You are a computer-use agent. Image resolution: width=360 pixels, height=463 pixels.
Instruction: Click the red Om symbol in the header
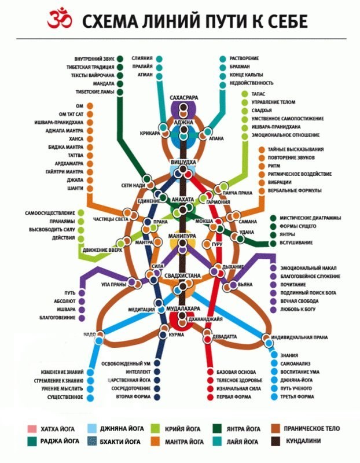58,21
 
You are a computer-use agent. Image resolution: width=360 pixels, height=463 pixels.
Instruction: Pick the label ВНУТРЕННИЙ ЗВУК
94,58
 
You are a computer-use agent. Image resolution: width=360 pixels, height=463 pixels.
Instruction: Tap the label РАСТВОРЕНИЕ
244,58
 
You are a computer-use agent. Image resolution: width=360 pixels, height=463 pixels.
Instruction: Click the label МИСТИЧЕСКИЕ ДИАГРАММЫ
310,218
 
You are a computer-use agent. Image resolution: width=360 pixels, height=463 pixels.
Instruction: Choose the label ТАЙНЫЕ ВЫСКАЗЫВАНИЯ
296,149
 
